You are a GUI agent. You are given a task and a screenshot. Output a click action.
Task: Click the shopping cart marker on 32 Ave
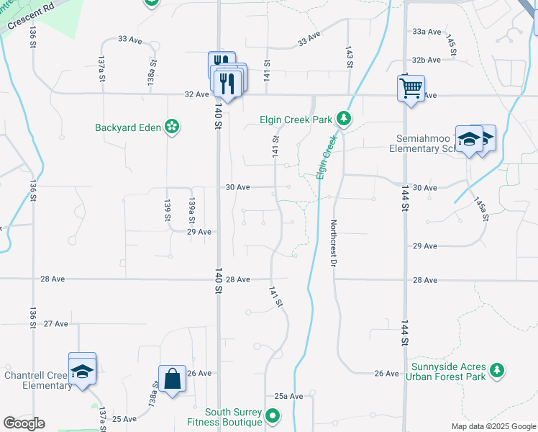411,89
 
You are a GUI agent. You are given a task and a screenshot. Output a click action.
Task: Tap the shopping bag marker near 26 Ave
173,378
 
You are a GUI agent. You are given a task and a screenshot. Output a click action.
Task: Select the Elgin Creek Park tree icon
345,118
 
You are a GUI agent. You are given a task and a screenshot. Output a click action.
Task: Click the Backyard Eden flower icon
172,127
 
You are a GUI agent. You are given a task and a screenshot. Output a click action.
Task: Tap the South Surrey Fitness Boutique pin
273,416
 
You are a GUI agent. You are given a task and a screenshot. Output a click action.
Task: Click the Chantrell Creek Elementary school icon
82,371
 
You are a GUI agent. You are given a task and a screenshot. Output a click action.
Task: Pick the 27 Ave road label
55,324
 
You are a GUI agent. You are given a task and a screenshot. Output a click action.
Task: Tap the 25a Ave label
288,396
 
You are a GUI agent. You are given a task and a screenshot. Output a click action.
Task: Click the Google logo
24,423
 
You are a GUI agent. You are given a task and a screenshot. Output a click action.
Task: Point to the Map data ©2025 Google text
493,426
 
